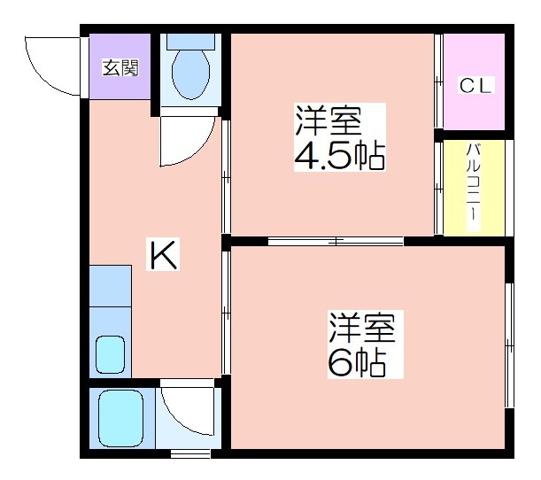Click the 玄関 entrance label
coord(120,67)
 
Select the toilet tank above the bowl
coord(190,42)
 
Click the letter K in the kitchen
coord(163,254)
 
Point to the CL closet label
coord(475,85)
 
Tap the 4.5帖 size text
coord(340,156)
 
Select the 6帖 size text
coord(357,363)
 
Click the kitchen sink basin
coord(111,355)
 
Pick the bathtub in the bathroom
coord(120,418)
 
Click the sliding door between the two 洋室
coord(336,241)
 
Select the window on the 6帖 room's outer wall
coord(509,345)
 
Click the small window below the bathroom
coord(190,453)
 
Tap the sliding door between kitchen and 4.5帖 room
coord(226,176)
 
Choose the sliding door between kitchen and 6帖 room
coord(226,313)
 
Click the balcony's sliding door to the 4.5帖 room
coord(438,188)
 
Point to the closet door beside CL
coord(438,81)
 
